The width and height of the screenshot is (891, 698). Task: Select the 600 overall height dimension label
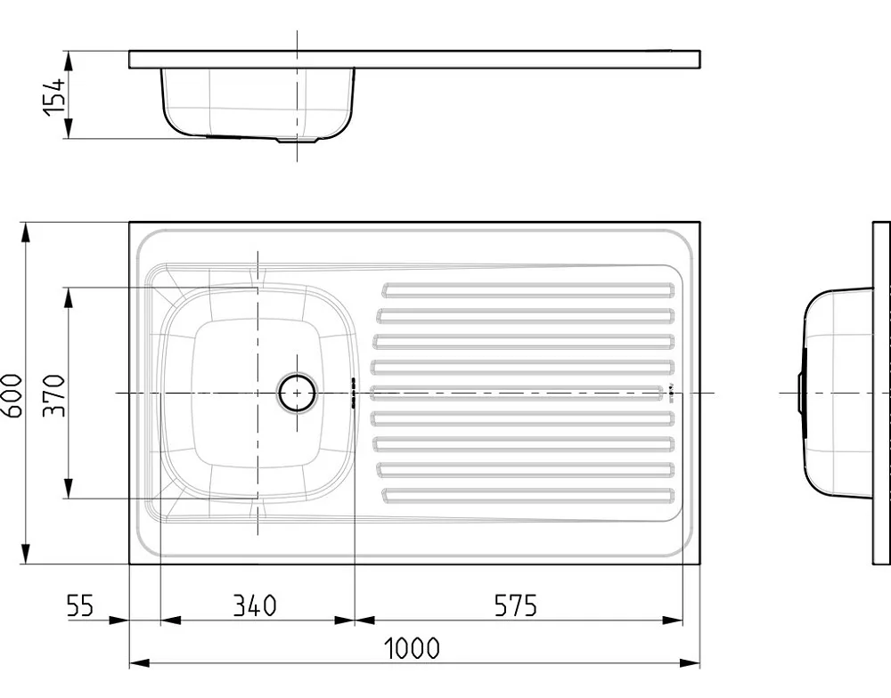pos(12,395)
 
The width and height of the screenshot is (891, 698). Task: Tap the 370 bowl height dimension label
pos(54,395)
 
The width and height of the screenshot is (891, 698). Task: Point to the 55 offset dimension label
pos(80,605)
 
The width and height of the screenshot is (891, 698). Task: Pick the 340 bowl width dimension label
pos(255,605)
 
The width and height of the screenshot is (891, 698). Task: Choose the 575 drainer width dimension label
pos(515,605)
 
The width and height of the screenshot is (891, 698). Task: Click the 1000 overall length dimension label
pos(412,648)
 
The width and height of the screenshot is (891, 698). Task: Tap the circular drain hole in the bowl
pos(297,393)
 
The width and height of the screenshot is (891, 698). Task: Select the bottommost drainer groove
pos(527,495)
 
